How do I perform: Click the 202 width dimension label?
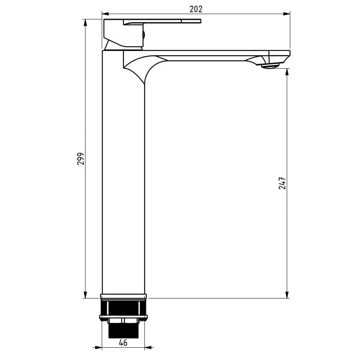click(x=196, y=9)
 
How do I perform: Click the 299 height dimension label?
click(x=80, y=158)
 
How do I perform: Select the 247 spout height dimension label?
click(x=282, y=183)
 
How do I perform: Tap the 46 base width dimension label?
click(x=123, y=343)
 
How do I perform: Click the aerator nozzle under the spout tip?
click(x=270, y=66)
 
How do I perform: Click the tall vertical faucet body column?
click(x=123, y=178)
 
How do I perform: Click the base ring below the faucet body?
click(x=123, y=296)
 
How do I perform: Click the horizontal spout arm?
click(x=205, y=55)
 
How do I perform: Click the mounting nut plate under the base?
click(x=123, y=317)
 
